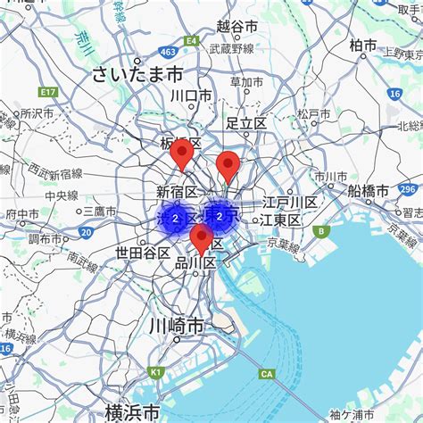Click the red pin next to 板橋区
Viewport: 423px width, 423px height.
pyautogui.click(x=183, y=154)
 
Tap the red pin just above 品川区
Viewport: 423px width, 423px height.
pyautogui.click(x=202, y=239)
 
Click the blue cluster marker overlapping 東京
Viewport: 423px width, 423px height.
pyautogui.click(x=220, y=215)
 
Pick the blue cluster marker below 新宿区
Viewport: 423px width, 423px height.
pyautogui.click(x=176, y=218)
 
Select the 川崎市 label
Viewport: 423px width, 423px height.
pyautogui.click(x=178, y=327)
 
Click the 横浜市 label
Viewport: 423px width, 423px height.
pyautogui.click(x=133, y=411)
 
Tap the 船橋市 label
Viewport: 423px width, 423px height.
pyautogui.click(x=368, y=191)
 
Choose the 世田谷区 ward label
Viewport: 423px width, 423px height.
pyautogui.click(x=143, y=253)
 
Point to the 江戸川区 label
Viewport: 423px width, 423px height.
pyautogui.click(x=289, y=203)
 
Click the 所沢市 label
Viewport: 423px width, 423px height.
pyautogui.click(x=37, y=113)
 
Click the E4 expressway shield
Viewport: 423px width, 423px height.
pyautogui.click(x=190, y=40)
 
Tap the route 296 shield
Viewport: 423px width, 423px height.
pyautogui.click(x=408, y=189)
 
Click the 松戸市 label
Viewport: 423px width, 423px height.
pyautogui.click(x=314, y=114)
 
